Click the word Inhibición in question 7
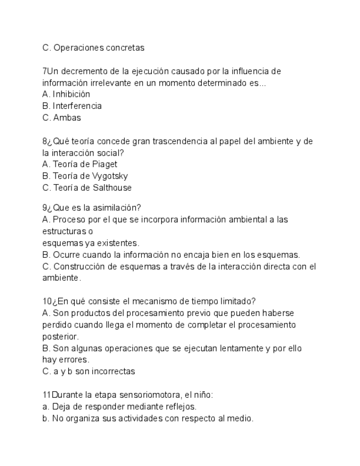tap(71, 94)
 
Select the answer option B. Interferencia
tap(72, 106)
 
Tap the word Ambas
tap(67, 117)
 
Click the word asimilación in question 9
tap(116, 207)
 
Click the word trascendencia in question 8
tap(176, 141)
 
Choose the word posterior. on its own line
tap(60, 336)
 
